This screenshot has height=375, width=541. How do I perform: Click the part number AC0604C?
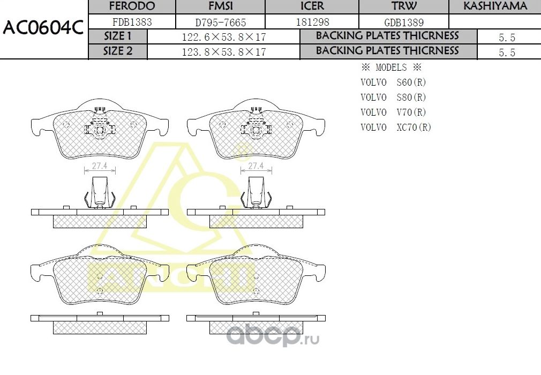tap(43, 28)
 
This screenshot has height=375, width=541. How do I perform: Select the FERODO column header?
tap(132, 6)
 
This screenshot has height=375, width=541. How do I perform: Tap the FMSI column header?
tap(221, 6)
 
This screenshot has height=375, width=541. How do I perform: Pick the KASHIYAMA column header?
tap(495, 6)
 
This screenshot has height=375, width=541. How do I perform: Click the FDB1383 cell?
tap(132, 22)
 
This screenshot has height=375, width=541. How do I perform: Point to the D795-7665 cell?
tap(221, 22)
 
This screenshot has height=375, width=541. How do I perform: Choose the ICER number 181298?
tap(312, 22)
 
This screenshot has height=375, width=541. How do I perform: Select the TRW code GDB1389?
tap(404, 22)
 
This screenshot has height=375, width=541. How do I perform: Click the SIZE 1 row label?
tap(117, 36)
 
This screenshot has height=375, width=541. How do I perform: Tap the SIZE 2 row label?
tap(117, 51)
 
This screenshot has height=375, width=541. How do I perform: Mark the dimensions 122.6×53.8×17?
tap(224, 37)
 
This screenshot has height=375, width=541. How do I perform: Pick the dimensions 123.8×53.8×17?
tap(224, 52)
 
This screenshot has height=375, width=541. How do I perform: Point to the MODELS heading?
tap(391, 67)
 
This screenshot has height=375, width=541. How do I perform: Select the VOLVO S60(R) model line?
tap(393, 82)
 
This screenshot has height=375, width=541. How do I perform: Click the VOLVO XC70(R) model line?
tap(396, 127)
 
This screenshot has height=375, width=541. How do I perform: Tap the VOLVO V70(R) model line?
tap(393, 112)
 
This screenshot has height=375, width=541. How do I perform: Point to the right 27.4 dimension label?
tap(256, 166)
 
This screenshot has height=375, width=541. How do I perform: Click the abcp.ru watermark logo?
tap(273, 336)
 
